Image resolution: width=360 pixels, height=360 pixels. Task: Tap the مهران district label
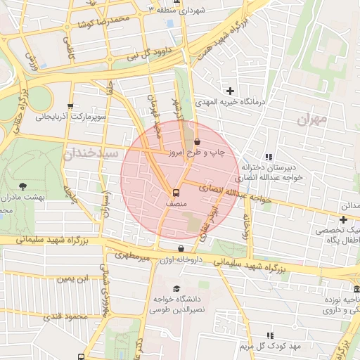[312, 120]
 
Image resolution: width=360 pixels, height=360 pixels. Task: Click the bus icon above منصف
[175, 192]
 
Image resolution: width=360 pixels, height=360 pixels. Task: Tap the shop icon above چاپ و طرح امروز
[195, 141]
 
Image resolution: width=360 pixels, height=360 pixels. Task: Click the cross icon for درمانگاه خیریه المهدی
[230, 90]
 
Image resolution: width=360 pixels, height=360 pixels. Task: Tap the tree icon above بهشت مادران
[22, 186]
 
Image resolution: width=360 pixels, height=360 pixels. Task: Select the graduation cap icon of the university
[176, 289]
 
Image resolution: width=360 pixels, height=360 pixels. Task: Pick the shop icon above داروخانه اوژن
[181, 248]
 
